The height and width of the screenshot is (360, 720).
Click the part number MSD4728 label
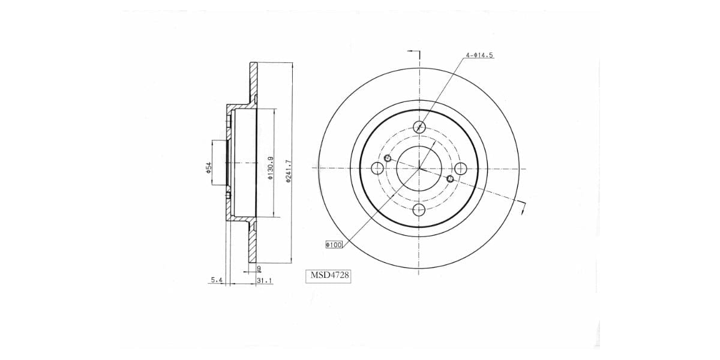tap(329, 276)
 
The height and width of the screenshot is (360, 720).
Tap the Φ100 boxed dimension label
tap(334, 245)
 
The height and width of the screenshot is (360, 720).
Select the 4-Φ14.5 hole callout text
tap(479, 55)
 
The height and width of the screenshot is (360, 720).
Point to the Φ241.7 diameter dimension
tap(289, 172)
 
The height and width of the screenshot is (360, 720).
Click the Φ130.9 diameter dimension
tap(271, 169)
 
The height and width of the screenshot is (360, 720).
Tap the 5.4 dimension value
tap(217, 280)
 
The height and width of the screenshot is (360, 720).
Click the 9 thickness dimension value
tap(258, 268)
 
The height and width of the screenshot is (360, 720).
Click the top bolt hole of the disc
tap(419, 127)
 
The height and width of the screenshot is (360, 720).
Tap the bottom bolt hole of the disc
tap(419, 209)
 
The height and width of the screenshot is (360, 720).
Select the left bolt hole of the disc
tap(378, 168)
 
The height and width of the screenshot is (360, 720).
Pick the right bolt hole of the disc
tap(460, 168)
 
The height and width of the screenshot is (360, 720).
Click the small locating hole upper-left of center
tap(388, 158)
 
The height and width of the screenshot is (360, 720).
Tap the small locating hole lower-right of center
tap(451, 178)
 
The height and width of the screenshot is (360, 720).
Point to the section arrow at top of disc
tap(414, 53)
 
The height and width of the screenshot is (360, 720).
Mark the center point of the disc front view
tap(419, 168)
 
